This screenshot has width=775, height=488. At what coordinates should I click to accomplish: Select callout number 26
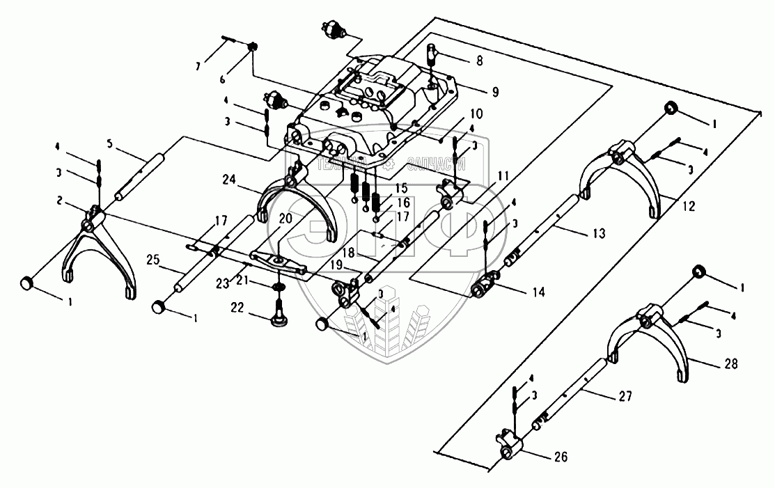click(x=561, y=457)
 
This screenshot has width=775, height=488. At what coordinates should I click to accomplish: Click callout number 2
click(x=62, y=200)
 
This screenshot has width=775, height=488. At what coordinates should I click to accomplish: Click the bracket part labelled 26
click(x=511, y=445)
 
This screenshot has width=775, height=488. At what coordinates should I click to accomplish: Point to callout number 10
click(x=476, y=113)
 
